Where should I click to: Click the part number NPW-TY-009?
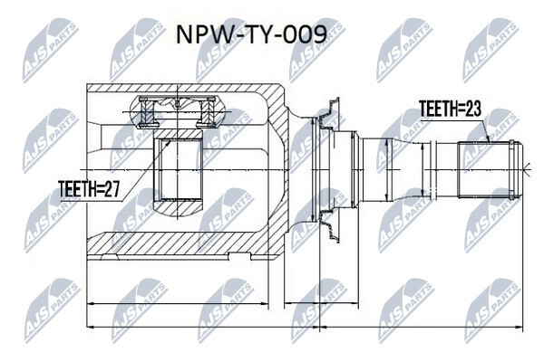pyautogui.click(x=251, y=34)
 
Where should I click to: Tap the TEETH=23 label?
pyautogui.click(x=450, y=109)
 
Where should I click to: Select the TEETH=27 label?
pyautogui.click(x=90, y=189)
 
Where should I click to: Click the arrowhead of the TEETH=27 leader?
pyautogui.click(x=169, y=142)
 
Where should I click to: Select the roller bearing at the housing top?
pyautogui.click(x=177, y=110)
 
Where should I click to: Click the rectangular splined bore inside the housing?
pyautogui.click(x=178, y=170)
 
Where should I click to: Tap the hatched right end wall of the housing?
pyautogui.click(x=278, y=170)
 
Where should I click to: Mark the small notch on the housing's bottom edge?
pyautogui.click(x=239, y=256)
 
